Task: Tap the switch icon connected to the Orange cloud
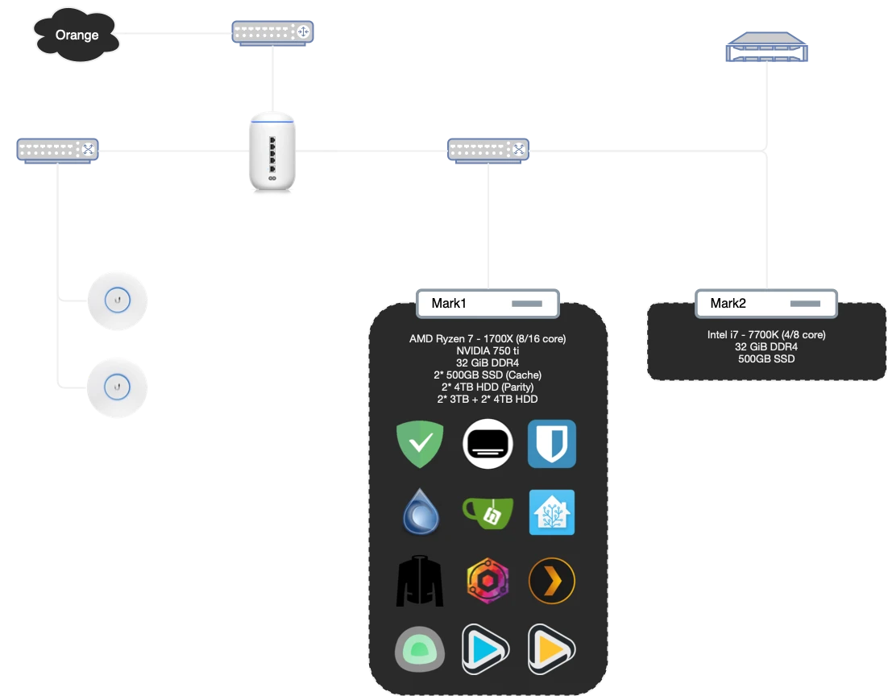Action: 273,32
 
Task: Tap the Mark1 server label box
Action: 487,303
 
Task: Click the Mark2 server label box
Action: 766,303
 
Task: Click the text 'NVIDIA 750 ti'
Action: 488,351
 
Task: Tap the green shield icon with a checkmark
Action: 420,444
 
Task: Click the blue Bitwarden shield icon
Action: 552,444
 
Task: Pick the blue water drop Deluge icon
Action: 420,512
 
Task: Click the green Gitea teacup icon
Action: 487,512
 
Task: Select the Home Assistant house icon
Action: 552,512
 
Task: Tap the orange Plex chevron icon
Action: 552,580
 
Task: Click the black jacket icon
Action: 420,580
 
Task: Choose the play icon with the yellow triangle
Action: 552,648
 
